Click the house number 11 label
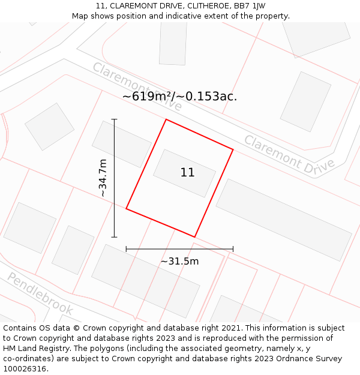(187, 173)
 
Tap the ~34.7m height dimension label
(103, 178)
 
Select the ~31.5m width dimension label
(179, 261)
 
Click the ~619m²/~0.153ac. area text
(179, 96)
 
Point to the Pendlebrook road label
(40, 294)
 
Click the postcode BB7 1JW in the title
(250, 6)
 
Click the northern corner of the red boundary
(166, 119)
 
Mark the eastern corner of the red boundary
(233, 150)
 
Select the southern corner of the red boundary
(194, 237)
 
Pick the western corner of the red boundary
(126, 209)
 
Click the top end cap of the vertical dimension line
(114, 119)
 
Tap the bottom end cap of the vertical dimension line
(114, 237)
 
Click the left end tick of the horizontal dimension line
(126, 248)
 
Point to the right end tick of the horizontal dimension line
(233, 248)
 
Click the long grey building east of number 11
(283, 219)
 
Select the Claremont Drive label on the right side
(289, 155)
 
